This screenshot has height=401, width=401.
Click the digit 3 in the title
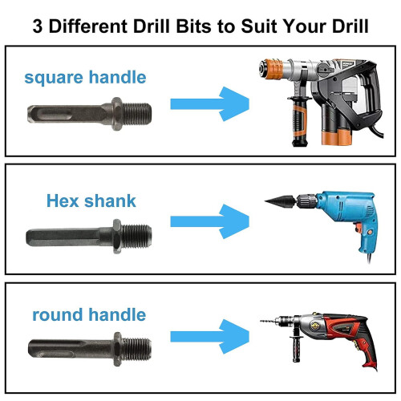(x=38, y=26)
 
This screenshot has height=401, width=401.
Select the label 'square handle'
(x=85, y=78)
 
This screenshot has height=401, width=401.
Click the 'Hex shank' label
(x=91, y=200)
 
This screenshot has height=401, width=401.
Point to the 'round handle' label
(x=89, y=314)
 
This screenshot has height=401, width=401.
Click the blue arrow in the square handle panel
(x=210, y=103)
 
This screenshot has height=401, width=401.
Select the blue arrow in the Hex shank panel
(x=210, y=221)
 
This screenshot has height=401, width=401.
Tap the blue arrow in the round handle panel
(x=210, y=336)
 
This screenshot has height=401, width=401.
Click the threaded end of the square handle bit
(x=137, y=114)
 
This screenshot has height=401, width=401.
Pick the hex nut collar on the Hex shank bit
(x=117, y=237)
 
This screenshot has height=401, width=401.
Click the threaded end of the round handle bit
(x=136, y=349)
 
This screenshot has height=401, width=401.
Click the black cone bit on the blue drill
(x=280, y=201)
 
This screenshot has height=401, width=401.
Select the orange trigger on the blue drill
(x=358, y=228)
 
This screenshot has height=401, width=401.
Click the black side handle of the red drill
(x=297, y=348)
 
